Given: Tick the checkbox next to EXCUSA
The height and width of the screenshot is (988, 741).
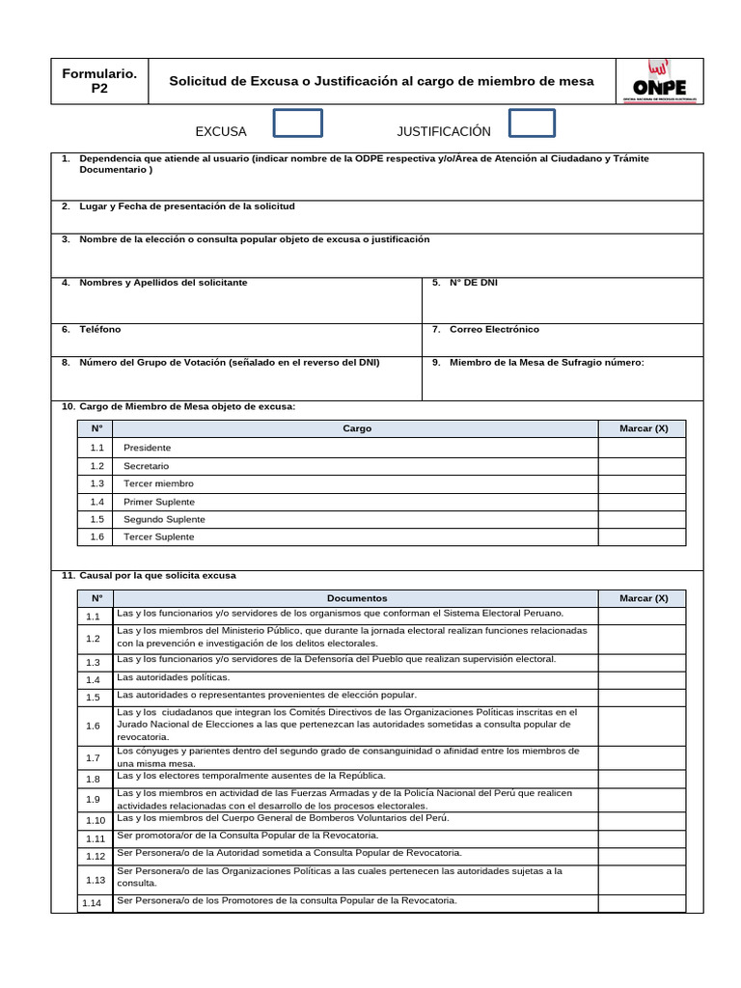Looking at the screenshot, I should (298, 123).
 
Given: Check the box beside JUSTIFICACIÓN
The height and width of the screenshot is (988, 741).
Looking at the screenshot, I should (532, 123).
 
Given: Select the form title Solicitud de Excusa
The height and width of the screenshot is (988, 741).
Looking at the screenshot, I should (381, 82).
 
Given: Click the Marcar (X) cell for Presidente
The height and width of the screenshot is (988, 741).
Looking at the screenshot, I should (643, 448).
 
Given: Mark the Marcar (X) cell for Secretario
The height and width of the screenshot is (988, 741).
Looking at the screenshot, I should (643, 466).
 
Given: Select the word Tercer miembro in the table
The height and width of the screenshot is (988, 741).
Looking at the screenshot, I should (158, 483).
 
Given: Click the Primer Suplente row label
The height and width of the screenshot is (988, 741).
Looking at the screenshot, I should (159, 502).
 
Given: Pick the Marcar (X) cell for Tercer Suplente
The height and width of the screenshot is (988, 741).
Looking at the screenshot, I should (643, 537).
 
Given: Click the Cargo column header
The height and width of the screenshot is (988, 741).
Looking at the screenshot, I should (357, 428).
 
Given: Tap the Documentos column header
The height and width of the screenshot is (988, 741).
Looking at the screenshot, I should (357, 598).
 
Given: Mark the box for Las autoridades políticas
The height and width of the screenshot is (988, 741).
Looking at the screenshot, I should (643, 679).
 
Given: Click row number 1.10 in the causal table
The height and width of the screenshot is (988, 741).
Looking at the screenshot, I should (94, 820).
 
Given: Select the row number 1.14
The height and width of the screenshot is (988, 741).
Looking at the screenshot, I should (94, 903).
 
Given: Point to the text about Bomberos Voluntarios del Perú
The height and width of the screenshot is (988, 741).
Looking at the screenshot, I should (283, 818).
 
